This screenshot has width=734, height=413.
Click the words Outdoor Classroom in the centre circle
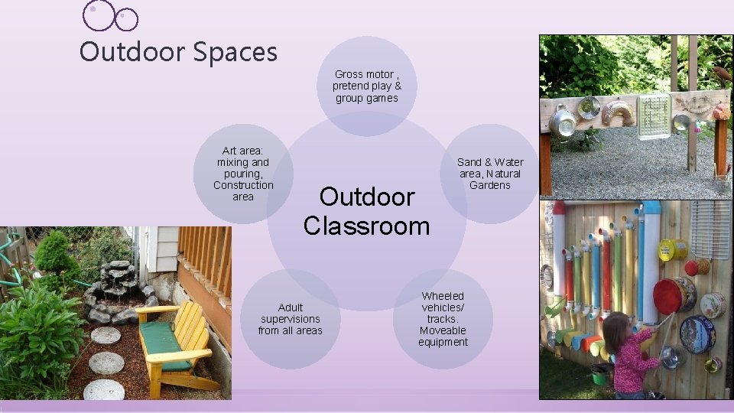click(x=366, y=211)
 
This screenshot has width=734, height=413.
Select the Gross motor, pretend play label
click(x=366, y=86)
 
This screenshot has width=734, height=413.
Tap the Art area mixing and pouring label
click(x=243, y=174)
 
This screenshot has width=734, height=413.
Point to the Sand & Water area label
click(x=490, y=173)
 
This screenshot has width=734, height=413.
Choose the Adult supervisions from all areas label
click(x=290, y=319)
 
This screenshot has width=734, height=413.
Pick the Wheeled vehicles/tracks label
click(x=443, y=318)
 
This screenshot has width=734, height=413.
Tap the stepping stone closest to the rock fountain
click(x=106, y=335)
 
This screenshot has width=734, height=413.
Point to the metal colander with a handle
click(x=563, y=122)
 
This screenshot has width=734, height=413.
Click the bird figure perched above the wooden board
click(x=721, y=74)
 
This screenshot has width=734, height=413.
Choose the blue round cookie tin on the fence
click(x=697, y=334)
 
